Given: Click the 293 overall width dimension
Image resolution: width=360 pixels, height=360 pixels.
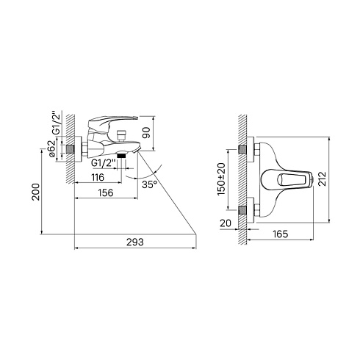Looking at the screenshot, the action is [x=135, y=242].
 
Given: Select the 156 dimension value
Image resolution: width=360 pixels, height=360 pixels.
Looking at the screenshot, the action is [x=106, y=192].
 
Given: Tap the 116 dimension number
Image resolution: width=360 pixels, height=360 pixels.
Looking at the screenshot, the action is [x=98, y=177].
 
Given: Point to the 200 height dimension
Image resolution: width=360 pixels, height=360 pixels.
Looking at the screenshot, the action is [x=36, y=192].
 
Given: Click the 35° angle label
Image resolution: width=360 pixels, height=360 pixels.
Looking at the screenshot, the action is [x=149, y=184].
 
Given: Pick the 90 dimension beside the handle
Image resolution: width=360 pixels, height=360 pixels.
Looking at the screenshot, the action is [x=146, y=133].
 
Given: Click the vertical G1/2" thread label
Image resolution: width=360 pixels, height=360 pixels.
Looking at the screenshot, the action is [x=56, y=123].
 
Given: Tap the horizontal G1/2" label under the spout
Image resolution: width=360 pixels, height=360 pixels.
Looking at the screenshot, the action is [x=104, y=163].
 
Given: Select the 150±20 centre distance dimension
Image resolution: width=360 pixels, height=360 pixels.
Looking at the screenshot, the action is [x=221, y=179].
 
